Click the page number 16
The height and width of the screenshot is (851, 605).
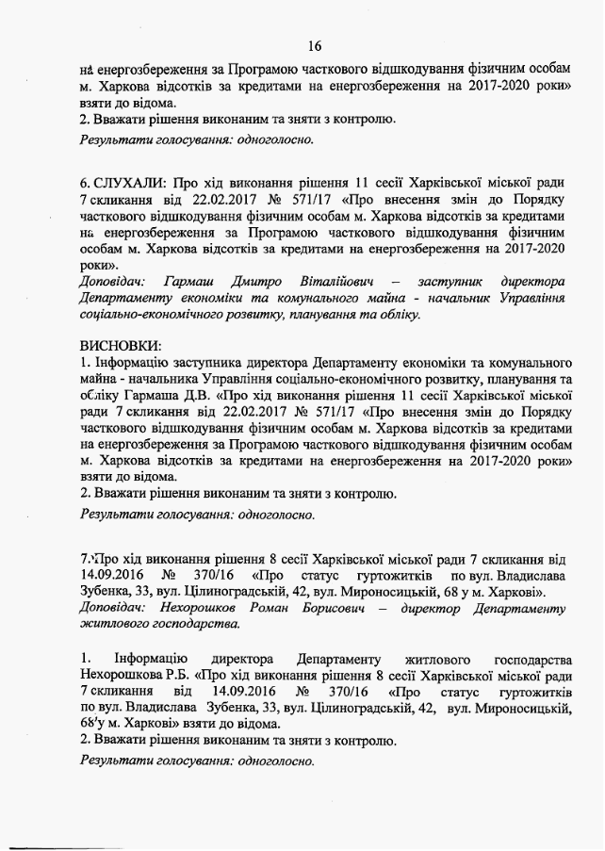[x=315, y=45]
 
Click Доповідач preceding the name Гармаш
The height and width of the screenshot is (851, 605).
[x=112, y=281]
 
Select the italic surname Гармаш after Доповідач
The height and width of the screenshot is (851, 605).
[x=186, y=281]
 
